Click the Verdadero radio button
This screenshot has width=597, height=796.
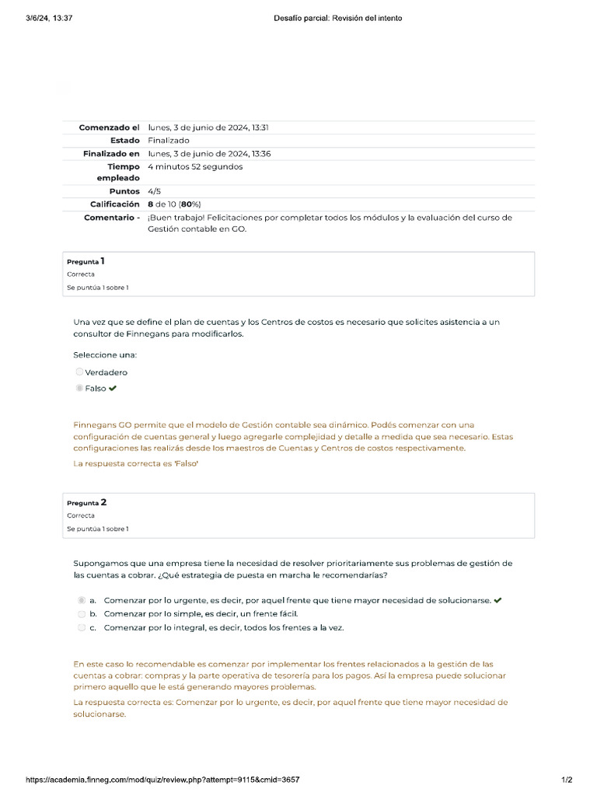pyautogui.click(x=79, y=372)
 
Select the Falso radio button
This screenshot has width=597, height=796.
pyautogui.click(x=79, y=388)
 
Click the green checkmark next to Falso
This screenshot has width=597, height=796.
pyautogui.click(x=113, y=388)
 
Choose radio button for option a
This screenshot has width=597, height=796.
pyautogui.click(x=82, y=600)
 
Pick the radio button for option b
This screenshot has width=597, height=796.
pyautogui.click(x=82, y=613)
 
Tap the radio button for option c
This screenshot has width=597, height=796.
pyautogui.click(x=82, y=627)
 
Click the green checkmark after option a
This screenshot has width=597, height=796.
pyautogui.click(x=497, y=600)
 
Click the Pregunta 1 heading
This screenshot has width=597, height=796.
pyautogui.click(x=86, y=262)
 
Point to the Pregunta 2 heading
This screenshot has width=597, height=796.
pyautogui.click(x=86, y=503)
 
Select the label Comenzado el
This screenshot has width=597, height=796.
pyautogui.click(x=109, y=127)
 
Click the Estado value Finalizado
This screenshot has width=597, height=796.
pyautogui.click(x=169, y=141)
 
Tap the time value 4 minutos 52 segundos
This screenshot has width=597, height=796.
pyautogui.click(x=195, y=166)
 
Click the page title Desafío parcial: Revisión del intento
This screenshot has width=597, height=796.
pyautogui.click(x=338, y=18)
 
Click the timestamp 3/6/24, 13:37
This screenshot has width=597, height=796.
pyautogui.click(x=49, y=18)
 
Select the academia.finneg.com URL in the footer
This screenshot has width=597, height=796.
pyautogui.click(x=163, y=779)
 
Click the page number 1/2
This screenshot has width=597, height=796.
pyautogui.click(x=567, y=779)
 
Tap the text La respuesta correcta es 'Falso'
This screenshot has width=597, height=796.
pyautogui.click(x=136, y=463)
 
